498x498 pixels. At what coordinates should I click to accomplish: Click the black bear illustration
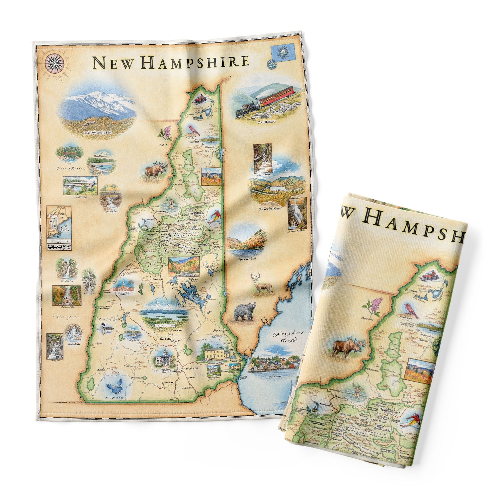point(244,311)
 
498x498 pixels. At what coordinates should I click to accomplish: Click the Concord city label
point(165,339)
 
